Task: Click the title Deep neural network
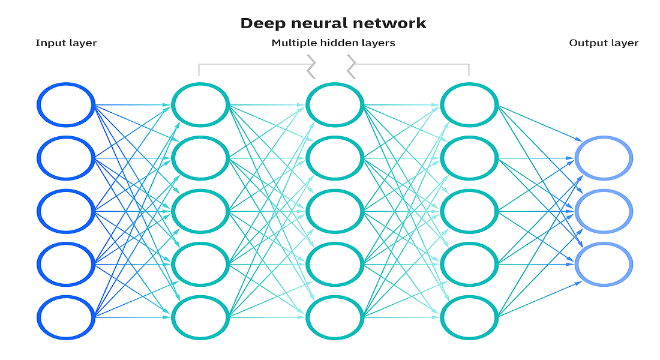click(x=333, y=23)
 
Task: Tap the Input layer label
click(x=66, y=43)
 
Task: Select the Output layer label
click(x=604, y=43)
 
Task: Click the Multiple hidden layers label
click(x=333, y=43)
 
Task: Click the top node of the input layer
click(x=66, y=105)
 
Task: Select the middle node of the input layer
click(x=66, y=211)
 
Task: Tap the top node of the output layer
click(x=603, y=158)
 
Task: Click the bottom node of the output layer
click(x=603, y=264)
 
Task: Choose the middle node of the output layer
click(x=603, y=211)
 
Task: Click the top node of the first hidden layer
click(x=200, y=105)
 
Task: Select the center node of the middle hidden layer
click(x=335, y=211)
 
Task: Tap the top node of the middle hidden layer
click(x=335, y=105)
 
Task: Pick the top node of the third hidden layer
click(x=469, y=105)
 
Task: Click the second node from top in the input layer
click(x=66, y=158)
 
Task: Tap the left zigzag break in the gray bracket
click(x=311, y=65)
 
